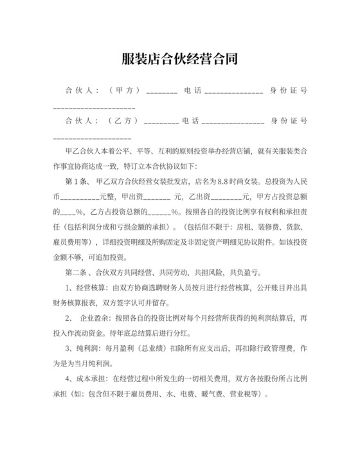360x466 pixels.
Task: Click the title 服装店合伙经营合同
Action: pyautogui.click(x=179, y=59)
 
